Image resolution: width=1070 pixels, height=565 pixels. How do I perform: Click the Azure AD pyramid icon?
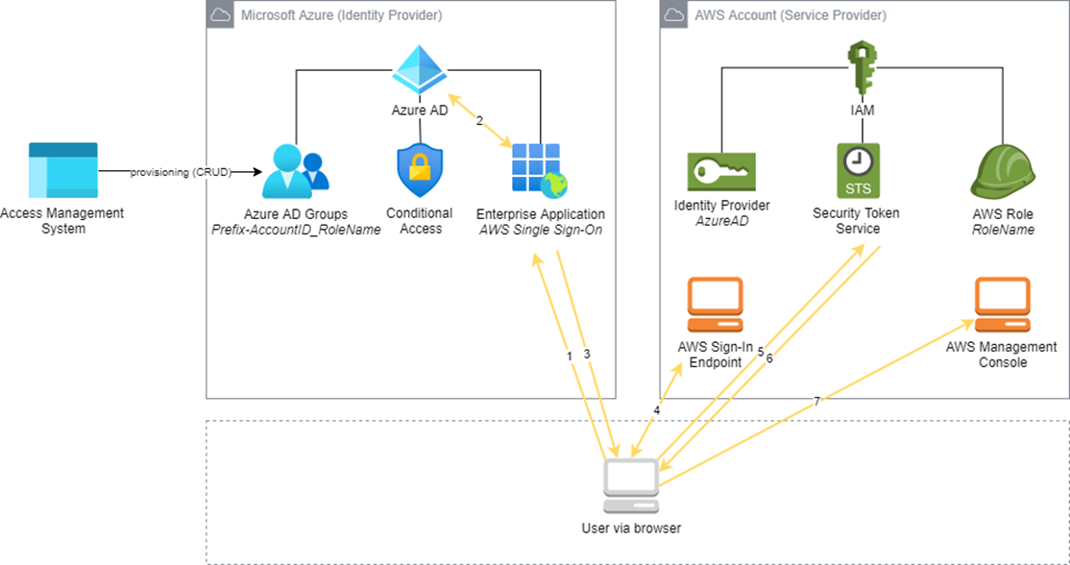[x=419, y=69]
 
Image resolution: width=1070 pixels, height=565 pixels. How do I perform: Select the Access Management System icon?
[x=62, y=171]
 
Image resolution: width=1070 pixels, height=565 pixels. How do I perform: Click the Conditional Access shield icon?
[x=420, y=171]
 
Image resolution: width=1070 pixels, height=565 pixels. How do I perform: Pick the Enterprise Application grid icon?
[x=540, y=171]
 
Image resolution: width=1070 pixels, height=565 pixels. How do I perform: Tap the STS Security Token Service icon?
[x=858, y=171]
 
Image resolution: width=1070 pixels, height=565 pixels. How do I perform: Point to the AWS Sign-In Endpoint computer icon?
[x=715, y=305]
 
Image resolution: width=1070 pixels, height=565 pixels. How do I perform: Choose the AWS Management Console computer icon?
[x=1003, y=305]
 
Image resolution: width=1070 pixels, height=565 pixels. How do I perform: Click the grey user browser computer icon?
[x=631, y=486]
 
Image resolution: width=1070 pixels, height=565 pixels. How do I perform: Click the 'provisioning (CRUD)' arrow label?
[x=181, y=173]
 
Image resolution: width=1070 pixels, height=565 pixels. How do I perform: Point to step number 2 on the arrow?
[x=479, y=121]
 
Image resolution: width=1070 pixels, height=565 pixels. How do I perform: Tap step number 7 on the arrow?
[x=816, y=402]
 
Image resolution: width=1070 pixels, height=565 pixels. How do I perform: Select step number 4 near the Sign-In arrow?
[x=657, y=411]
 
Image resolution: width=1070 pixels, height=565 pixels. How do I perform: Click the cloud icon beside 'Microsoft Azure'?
[x=220, y=15]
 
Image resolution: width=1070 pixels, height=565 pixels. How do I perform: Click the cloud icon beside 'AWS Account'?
[x=674, y=15]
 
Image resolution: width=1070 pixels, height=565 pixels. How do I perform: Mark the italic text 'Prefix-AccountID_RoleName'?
[x=296, y=230]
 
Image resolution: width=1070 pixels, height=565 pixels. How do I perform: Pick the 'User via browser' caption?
[x=631, y=528]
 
